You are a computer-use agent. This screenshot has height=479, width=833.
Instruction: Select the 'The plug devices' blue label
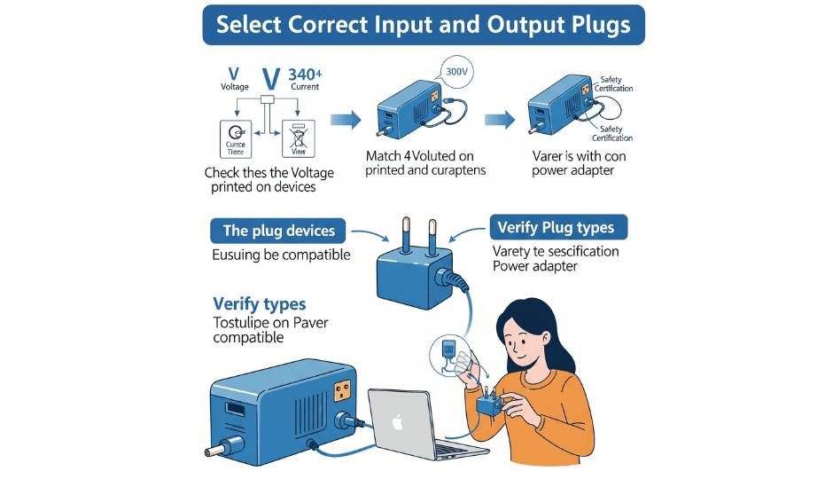278,231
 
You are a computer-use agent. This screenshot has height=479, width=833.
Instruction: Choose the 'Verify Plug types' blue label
561,228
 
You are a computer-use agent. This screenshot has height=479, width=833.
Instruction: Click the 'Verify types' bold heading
260,304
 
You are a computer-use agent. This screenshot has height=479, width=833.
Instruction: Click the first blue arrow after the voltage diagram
345,120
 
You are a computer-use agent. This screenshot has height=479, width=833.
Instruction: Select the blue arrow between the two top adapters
499,120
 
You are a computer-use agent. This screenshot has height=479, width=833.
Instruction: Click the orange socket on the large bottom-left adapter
343,391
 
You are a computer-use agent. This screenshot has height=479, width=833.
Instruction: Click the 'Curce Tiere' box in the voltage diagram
236,139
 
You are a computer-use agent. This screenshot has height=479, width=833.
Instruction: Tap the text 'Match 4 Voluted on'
420,156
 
